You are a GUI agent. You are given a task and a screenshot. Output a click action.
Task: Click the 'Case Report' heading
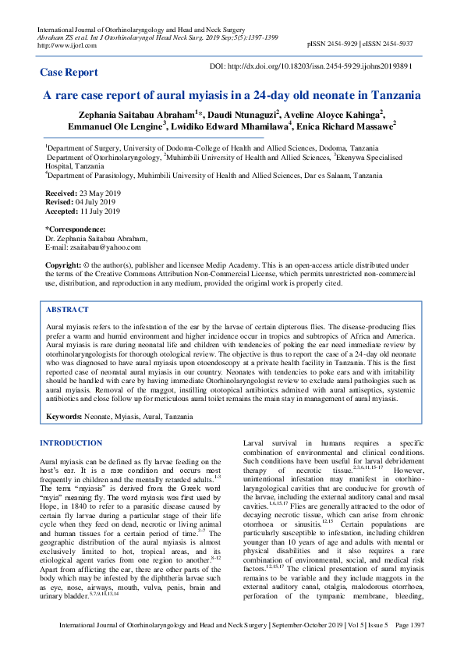pyautogui.click(x=69, y=73)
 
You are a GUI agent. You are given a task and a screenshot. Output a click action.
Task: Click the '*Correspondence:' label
pyautogui.click(x=74, y=229)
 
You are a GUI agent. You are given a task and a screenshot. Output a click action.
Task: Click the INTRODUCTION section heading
pyautogui.click(x=71, y=443)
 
